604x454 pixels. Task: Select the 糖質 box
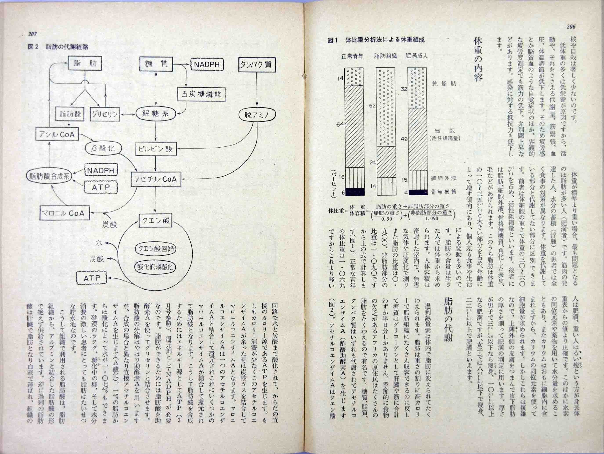(156, 65)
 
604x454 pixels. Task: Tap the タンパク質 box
(257, 65)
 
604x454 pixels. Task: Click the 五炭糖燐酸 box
(201, 94)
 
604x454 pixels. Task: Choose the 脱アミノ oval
(257, 115)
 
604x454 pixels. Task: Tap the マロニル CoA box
(65, 213)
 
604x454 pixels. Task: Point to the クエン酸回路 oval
(155, 249)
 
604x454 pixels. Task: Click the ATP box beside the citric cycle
(92, 278)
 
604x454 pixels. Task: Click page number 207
(32, 34)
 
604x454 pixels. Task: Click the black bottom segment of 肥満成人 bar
(418, 192)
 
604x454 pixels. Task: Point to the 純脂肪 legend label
(444, 84)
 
